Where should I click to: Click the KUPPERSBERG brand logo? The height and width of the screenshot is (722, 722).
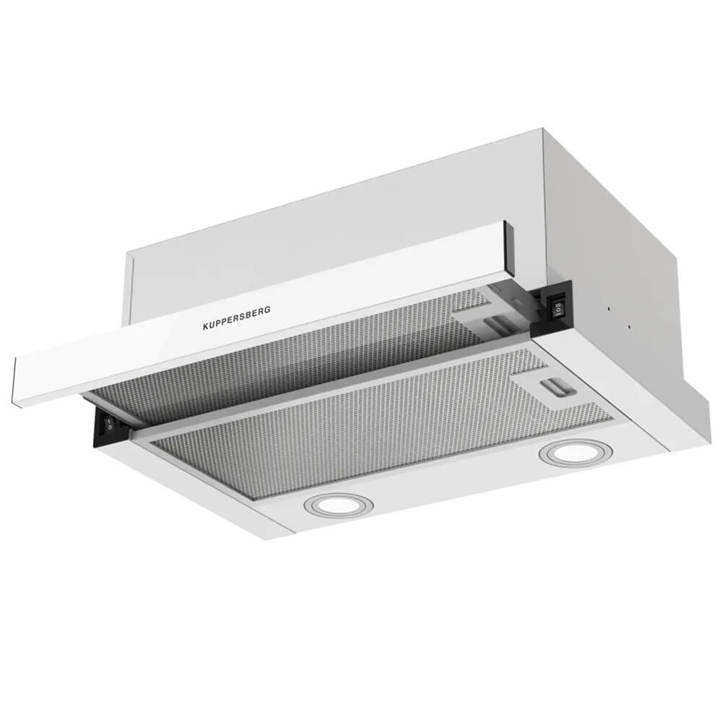click(x=237, y=318)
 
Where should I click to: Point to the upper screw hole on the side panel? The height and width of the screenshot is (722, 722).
click(x=609, y=309)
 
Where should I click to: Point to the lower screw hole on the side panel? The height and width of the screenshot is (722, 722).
click(x=629, y=327)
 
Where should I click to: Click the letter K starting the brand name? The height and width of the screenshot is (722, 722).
click(x=206, y=327)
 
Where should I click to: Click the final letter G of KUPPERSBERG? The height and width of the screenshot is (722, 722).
click(x=268, y=310)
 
